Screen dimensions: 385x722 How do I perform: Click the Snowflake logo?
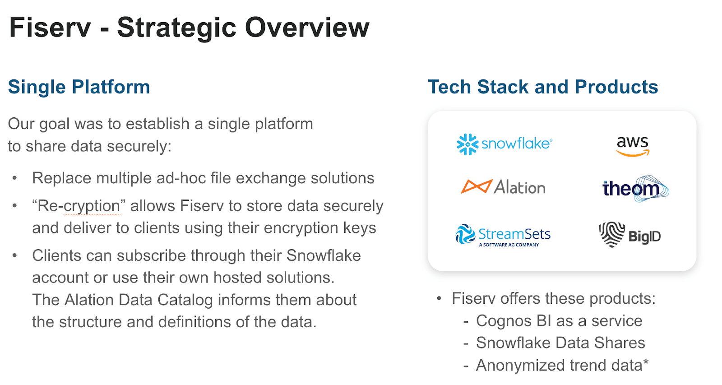[504, 144]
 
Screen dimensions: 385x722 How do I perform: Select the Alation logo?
[503, 187]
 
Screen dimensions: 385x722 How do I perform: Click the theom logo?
[635, 188]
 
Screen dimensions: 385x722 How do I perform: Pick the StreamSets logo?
[503, 235]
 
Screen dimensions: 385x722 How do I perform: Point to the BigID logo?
[630, 235]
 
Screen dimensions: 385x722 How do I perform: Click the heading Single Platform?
[79, 87]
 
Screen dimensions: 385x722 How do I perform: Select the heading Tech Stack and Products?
[543, 87]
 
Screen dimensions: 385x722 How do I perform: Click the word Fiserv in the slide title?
[50, 28]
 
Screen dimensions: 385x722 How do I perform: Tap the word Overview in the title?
[307, 28]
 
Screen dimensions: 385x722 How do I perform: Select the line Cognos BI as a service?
[559, 321]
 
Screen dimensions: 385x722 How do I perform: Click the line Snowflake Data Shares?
[560, 343]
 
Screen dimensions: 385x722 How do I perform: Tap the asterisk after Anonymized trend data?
[646, 362]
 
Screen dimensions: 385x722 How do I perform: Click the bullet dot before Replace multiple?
[15, 178]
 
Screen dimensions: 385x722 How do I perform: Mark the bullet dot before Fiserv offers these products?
[439, 299]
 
